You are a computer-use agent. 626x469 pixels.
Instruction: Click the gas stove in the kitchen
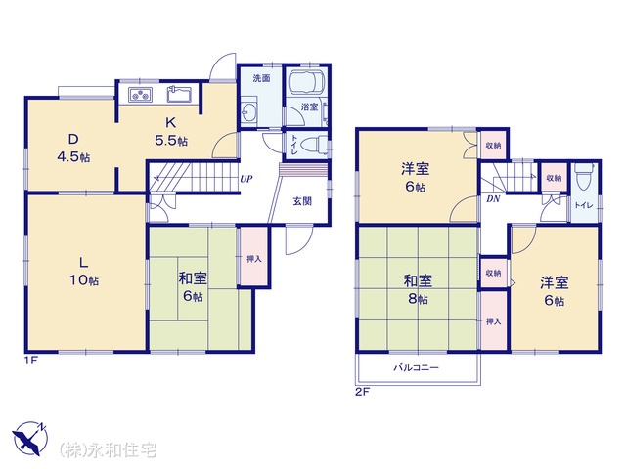click(141, 95)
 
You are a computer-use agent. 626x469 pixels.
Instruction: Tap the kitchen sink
click(179, 94)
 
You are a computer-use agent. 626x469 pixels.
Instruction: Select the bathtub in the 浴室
click(307, 82)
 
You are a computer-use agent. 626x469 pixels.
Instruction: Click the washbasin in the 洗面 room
click(250, 111)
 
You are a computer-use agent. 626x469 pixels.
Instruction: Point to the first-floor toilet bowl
click(312, 145)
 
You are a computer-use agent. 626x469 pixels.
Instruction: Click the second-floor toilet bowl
click(584, 177)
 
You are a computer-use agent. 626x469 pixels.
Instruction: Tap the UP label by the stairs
click(246, 179)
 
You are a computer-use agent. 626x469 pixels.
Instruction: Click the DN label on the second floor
click(493, 199)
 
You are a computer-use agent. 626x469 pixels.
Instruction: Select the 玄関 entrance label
click(302, 201)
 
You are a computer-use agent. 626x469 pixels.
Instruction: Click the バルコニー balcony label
click(417, 367)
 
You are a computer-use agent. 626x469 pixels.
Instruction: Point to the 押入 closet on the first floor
click(254, 257)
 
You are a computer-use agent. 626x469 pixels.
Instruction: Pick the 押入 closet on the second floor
click(494, 321)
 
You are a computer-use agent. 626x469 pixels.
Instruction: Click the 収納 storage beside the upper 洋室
click(493, 145)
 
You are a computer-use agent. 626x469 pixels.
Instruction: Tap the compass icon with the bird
click(30, 439)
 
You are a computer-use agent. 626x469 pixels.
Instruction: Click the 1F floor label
click(31, 362)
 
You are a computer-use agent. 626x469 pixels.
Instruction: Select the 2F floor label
click(363, 392)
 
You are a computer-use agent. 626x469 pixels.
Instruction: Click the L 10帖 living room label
click(84, 272)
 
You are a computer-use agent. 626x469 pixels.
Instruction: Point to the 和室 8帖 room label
click(418, 289)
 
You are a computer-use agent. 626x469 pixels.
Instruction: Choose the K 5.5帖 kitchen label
click(171, 131)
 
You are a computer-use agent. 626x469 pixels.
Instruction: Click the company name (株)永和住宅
click(109, 450)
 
